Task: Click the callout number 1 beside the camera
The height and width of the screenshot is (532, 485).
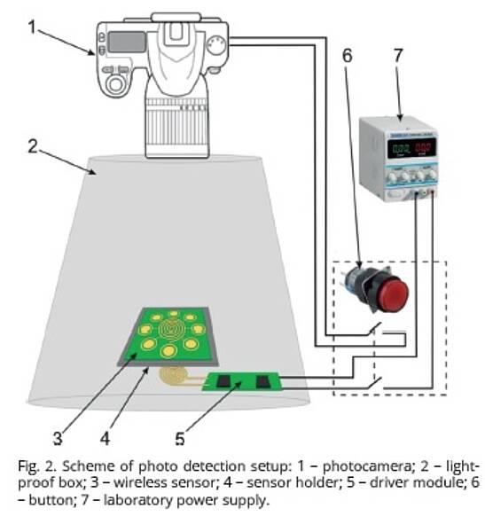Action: pos(32,27)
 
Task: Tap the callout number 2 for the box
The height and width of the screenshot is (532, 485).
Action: pos(33,146)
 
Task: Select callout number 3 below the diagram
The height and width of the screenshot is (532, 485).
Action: pos(58,438)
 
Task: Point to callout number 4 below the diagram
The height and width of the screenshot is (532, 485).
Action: pos(105,438)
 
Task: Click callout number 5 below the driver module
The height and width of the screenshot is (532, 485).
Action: pos(179,438)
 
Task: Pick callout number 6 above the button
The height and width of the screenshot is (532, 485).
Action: pos(347,56)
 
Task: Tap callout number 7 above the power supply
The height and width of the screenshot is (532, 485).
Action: pos(398,56)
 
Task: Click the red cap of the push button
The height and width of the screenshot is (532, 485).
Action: pos(393,293)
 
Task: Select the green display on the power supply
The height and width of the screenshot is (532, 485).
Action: pos(400,148)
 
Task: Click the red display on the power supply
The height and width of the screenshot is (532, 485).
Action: pos(423,147)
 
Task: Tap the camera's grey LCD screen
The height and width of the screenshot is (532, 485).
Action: pos(127,42)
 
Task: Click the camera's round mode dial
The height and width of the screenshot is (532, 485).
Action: pos(216,46)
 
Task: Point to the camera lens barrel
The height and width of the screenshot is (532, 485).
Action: pos(176,127)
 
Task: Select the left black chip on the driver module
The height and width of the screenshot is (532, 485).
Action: pos(223,380)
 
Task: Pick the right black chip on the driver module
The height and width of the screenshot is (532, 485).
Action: pos(263,381)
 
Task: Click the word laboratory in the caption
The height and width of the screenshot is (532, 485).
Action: pos(138,500)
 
